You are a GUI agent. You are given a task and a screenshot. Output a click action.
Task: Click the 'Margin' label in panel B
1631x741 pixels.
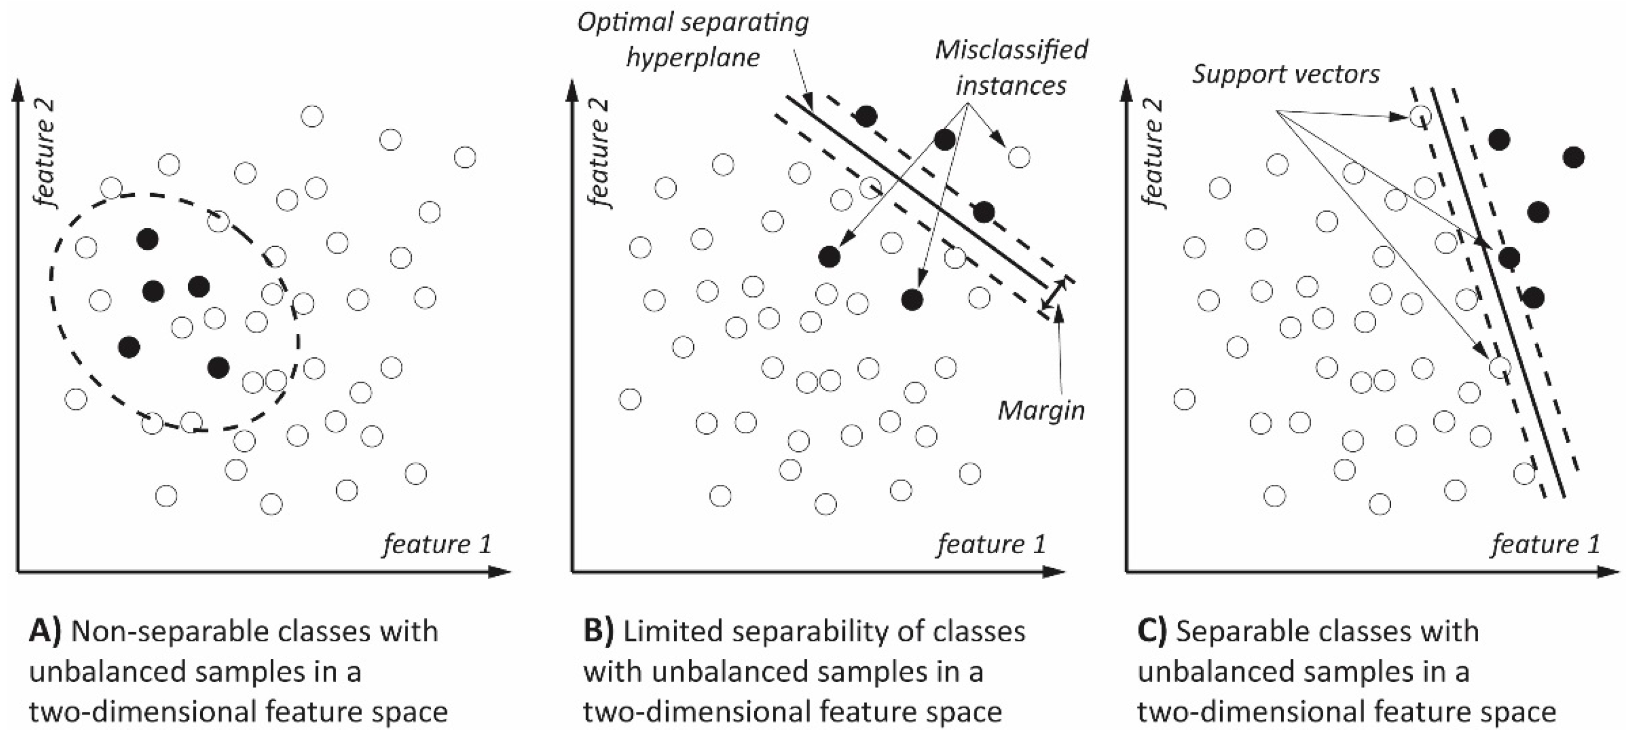pyautogui.click(x=1041, y=411)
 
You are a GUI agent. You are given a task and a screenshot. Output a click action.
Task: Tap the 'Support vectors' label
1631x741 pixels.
pyautogui.click(x=1285, y=75)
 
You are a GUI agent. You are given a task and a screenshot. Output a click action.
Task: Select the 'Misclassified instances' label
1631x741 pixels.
pyautogui.click(x=1011, y=67)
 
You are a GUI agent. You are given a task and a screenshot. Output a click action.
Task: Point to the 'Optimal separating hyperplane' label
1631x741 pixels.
pyautogui.click(x=693, y=40)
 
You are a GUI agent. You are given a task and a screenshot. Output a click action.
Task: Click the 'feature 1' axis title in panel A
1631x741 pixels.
pyautogui.click(x=436, y=544)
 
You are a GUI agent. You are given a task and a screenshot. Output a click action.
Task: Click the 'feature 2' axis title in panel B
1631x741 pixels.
pyautogui.click(x=598, y=153)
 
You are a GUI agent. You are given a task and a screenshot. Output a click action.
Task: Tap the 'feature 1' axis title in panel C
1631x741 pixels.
pyautogui.click(x=1546, y=544)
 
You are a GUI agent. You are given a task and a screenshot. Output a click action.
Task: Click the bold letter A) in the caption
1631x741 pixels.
pyautogui.click(x=46, y=632)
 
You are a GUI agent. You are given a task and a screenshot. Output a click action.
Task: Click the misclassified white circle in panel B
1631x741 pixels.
pyautogui.click(x=1019, y=156)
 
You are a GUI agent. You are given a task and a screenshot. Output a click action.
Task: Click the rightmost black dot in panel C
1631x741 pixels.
pyautogui.click(x=1573, y=157)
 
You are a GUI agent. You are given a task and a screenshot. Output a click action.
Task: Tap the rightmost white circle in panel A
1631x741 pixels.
pyautogui.click(x=465, y=157)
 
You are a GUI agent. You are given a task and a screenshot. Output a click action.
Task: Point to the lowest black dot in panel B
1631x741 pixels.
pyautogui.click(x=912, y=300)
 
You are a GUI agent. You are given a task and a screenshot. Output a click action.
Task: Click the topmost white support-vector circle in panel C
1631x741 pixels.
pyautogui.click(x=1420, y=116)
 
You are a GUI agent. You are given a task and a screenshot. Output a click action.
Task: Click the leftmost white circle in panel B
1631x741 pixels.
pyautogui.click(x=630, y=399)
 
